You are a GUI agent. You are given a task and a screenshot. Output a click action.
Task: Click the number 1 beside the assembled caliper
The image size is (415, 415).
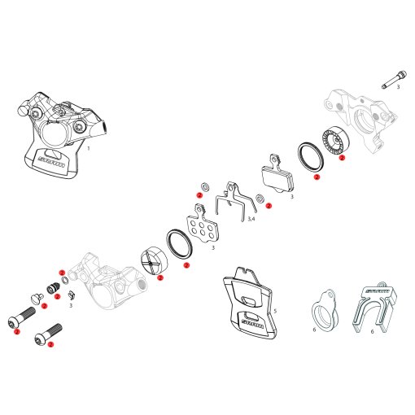click(89, 149)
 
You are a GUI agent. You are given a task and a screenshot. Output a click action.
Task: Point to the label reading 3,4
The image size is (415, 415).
click(251, 221)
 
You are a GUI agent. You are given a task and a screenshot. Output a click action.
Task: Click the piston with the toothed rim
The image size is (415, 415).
click(333, 142)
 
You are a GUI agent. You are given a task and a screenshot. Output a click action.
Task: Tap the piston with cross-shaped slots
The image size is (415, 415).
click(153, 260)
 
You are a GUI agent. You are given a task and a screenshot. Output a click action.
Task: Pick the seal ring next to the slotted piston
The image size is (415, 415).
click(178, 245)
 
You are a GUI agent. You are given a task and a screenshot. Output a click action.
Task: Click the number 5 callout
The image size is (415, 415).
click(274, 311)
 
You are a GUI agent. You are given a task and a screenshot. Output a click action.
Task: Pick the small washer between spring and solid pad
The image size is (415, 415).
click(259, 199)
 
